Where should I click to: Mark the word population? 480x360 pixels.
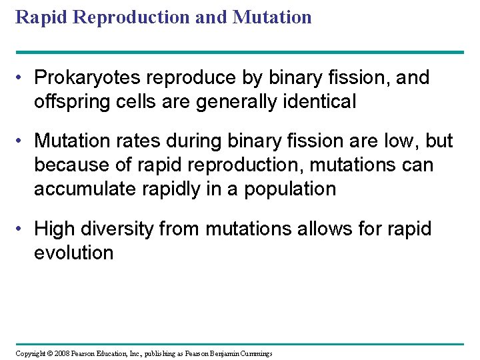click(x=290, y=189)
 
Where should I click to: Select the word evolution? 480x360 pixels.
click(x=74, y=253)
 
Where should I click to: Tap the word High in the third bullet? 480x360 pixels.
click(x=53, y=229)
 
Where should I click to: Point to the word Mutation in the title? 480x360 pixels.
click(x=272, y=17)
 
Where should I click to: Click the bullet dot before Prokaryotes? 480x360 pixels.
click(x=22, y=78)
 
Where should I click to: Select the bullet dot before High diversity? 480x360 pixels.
click(x=22, y=229)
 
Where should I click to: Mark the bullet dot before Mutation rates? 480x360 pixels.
click(x=22, y=141)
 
